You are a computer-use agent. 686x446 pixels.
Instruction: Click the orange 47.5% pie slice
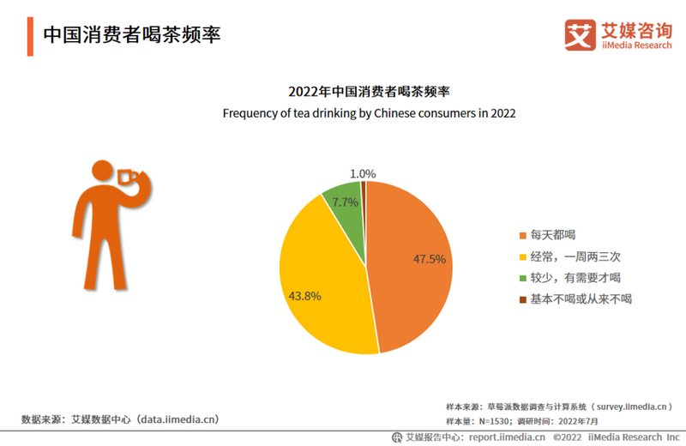pos(412,266)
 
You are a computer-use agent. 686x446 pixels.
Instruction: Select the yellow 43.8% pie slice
pos(322,274)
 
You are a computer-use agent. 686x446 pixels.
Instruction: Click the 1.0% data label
pos(364,173)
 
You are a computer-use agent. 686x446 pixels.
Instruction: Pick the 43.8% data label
pos(304,296)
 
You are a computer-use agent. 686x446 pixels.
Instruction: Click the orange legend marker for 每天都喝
pos(523,235)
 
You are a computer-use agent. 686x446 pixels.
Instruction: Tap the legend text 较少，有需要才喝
pos(575,278)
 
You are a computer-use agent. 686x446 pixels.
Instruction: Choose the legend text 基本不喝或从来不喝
pos(581,299)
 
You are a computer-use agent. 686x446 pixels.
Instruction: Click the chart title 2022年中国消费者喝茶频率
pos(369,92)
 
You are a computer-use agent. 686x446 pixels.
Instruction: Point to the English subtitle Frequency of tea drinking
pos(369,113)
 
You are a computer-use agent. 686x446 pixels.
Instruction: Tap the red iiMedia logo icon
pos(580,34)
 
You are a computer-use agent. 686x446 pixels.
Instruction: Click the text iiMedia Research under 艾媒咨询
pos(637,45)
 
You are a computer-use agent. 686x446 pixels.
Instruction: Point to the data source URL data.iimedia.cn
pos(178,419)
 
